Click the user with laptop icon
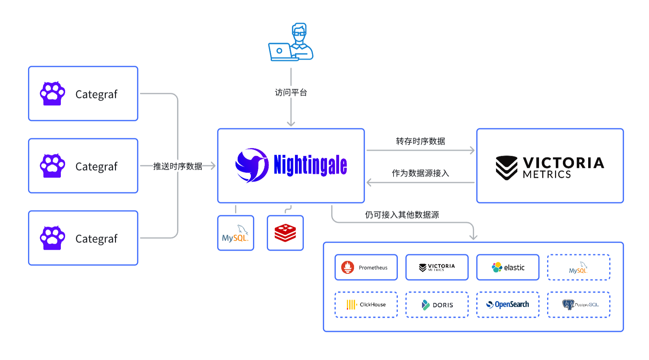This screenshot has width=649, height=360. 291,43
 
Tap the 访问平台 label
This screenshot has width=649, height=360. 291,93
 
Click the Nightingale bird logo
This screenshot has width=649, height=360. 252,165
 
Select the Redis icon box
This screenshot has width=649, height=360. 285,233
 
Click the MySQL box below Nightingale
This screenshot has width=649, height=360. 236,233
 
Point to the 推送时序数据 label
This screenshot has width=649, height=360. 178,166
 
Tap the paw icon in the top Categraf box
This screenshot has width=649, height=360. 53,94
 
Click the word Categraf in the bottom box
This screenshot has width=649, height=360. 96,239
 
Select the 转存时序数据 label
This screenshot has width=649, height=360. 420,141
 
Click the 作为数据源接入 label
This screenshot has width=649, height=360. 420,173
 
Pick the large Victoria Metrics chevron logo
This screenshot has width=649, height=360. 506,167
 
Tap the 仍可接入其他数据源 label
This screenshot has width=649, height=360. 402,215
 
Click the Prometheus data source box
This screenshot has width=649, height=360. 366,268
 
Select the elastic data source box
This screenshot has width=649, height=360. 508,268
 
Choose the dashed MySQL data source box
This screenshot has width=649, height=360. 579,268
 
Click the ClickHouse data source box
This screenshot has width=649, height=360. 366,305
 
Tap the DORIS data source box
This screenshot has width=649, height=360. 437,305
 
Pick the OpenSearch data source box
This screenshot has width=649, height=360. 508,305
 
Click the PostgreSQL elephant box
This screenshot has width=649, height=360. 579,305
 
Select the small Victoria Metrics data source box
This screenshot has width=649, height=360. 437,268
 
